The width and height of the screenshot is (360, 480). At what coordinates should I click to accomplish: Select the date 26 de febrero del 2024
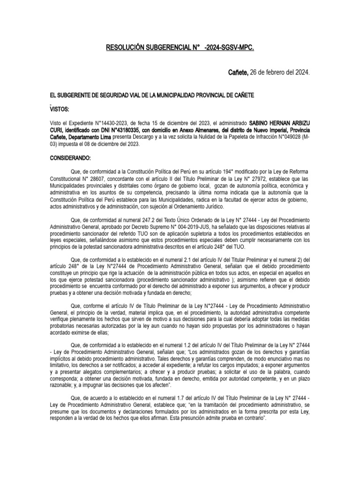tap(279, 73)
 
